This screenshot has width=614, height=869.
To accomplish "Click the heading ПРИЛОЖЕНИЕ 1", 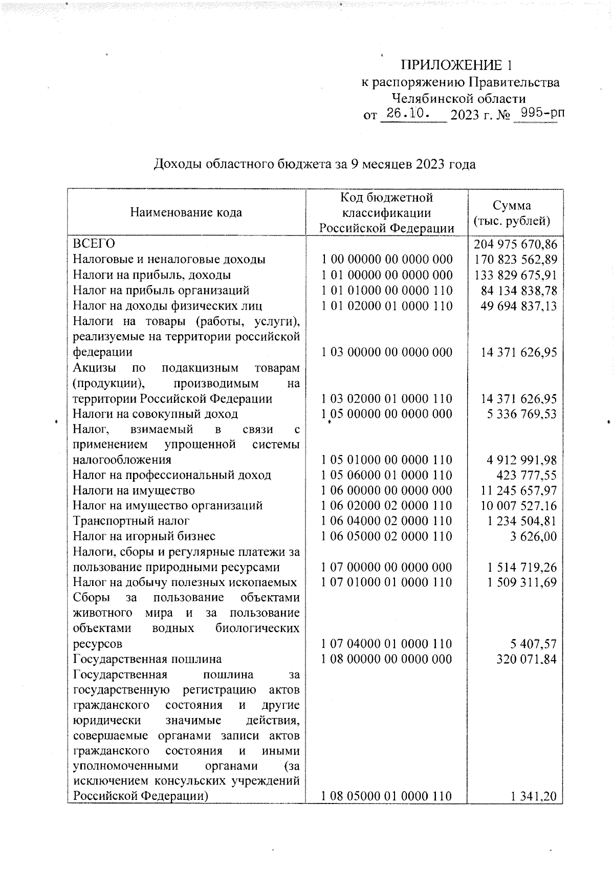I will [x=456, y=65].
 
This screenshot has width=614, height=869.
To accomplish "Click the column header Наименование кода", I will [x=186, y=212].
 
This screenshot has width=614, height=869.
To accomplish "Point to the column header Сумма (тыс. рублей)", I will [x=515, y=213].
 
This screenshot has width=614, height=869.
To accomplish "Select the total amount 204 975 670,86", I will [x=515, y=244].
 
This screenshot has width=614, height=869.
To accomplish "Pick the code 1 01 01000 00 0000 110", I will [x=387, y=291].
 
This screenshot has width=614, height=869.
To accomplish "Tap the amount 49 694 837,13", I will [x=519, y=306].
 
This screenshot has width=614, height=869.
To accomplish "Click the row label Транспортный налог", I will [x=131, y=521].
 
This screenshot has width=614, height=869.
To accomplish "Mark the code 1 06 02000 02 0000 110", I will [x=387, y=506].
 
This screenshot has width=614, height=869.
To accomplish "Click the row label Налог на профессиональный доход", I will [x=172, y=475].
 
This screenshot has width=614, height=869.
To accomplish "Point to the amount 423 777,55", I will [x=527, y=475].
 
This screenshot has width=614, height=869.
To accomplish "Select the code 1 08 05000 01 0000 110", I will [x=387, y=796].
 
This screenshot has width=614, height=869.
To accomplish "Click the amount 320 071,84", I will [x=527, y=659].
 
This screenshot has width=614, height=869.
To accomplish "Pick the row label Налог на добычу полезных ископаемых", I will [x=185, y=582].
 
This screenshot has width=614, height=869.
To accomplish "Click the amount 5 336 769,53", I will [x=522, y=414].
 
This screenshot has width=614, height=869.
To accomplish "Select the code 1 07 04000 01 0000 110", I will [x=387, y=644].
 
